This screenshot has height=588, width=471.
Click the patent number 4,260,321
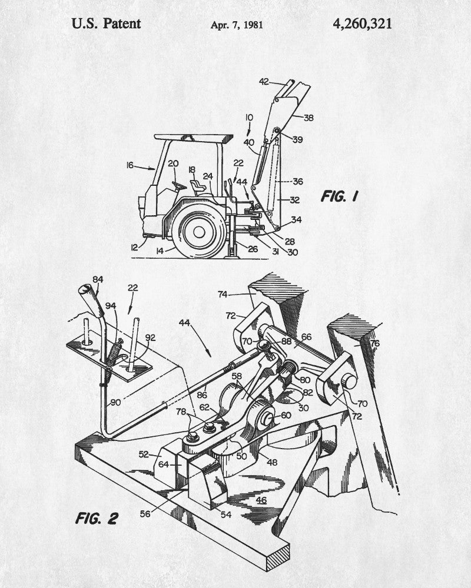point(362,24)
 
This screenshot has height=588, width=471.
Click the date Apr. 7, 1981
point(237,25)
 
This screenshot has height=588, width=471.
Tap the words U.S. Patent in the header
point(107,24)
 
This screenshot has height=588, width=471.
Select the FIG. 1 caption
point(340,196)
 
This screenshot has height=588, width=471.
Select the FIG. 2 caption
point(97,518)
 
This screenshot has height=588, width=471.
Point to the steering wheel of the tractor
point(179,185)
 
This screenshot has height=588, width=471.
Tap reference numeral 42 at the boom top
point(264,81)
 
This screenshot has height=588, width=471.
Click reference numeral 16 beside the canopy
point(130,165)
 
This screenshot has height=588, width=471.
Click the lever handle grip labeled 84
point(91,300)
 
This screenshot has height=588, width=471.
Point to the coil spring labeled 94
point(115,352)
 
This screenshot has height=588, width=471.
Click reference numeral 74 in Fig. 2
point(223,295)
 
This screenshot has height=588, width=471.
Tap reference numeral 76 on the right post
point(374,343)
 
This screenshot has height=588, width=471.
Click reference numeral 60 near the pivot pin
point(286,415)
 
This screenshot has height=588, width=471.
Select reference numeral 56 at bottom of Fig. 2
point(145,514)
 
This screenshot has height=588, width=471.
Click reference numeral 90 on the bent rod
point(115,402)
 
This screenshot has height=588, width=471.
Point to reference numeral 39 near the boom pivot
point(297,139)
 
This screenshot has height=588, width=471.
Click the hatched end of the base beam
point(278,559)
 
